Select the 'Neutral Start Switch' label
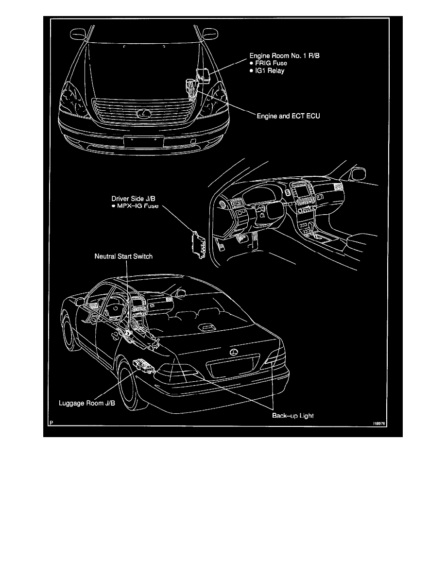(123, 256)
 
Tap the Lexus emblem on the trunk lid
(234, 352)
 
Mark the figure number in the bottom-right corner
(378, 423)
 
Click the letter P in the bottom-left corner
(50, 423)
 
